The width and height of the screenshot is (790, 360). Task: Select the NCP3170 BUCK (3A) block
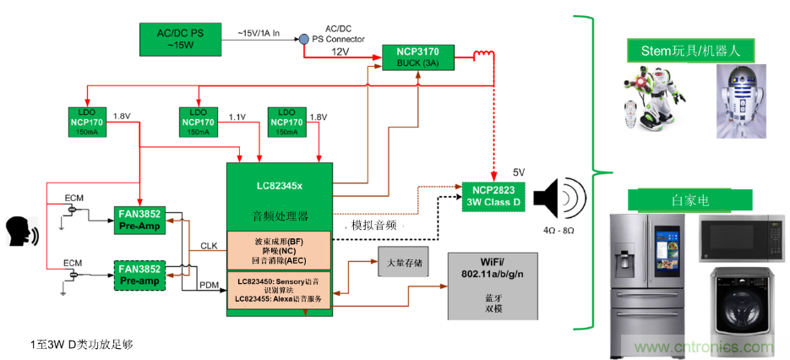(417, 57)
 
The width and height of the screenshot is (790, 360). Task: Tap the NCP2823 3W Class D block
(494, 195)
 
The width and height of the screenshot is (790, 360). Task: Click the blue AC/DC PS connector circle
(302, 39)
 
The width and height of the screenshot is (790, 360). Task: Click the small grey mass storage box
(402, 264)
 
